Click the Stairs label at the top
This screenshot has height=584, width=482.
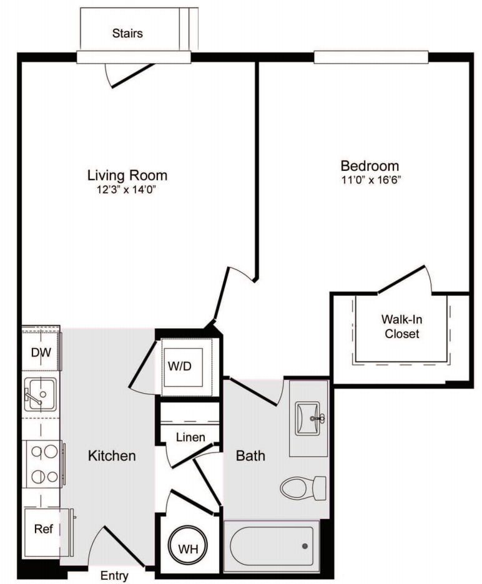[x=127, y=33]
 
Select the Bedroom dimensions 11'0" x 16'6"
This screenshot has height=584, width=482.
[x=370, y=180]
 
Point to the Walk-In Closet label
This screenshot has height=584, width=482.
[x=401, y=326]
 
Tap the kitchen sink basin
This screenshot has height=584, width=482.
[x=40, y=394]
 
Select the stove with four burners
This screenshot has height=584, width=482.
[x=42, y=464]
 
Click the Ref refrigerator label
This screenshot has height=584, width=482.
[x=42, y=530]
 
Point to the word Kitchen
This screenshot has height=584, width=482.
[x=111, y=455]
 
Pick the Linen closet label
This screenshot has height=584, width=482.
[x=190, y=437]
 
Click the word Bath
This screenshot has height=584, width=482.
[x=250, y=456]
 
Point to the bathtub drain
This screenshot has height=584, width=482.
[x=305, y=546]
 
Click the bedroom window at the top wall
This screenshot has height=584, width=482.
[x=371, y=57]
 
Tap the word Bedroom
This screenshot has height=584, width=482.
[x=370, y=166]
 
